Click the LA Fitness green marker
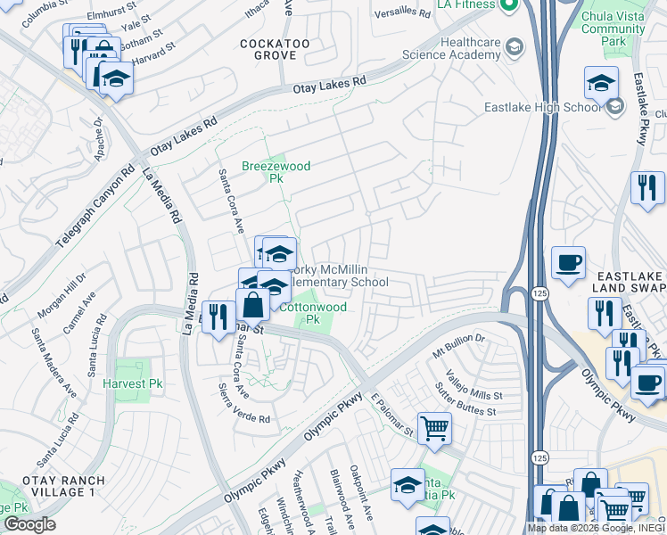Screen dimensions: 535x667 [509, 7]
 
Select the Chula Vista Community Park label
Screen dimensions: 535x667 [613, 29]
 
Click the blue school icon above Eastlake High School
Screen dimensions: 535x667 [601, 83]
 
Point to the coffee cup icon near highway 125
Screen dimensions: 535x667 [568, 263]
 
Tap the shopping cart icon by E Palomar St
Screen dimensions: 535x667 [434, 428]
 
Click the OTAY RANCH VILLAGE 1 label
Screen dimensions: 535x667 [59, 485]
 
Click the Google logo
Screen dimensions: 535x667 [29, 524]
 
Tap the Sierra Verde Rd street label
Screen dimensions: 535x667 [243, 404]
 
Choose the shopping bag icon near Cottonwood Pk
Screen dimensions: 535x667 [253, 305]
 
